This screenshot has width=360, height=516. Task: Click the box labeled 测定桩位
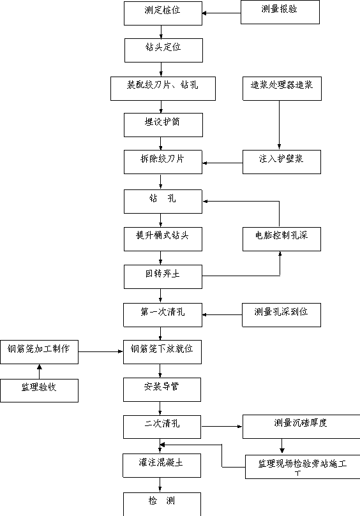[163, 13]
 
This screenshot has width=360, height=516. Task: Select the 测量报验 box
[280, 12]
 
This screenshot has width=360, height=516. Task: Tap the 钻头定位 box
[163, 50]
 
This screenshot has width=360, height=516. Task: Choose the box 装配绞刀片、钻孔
[163, 89]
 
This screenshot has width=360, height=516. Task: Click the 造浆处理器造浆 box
[282, 89]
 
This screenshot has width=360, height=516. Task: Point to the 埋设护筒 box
[163, 125]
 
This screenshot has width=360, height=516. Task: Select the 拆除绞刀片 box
[163, 162]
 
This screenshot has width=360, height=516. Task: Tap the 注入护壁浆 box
[281, 162]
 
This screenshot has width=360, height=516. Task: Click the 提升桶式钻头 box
[163, 239]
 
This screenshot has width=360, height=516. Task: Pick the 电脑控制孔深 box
[281, 239]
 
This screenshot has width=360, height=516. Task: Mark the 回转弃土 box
[163, 277]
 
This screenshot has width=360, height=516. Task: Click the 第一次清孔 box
[163, 315]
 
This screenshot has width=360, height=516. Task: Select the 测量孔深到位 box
[281, 315]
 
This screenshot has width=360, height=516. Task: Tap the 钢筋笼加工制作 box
[39, 352]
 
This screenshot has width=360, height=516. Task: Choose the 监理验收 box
[39, 390]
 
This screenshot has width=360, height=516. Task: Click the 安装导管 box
[162, 390]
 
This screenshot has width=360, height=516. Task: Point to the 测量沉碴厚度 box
[301, 427]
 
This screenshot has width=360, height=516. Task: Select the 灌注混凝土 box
[161, 466]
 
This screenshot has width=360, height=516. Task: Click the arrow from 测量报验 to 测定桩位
[221, 13]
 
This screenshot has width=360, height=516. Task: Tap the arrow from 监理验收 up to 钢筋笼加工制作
[39, 372]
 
